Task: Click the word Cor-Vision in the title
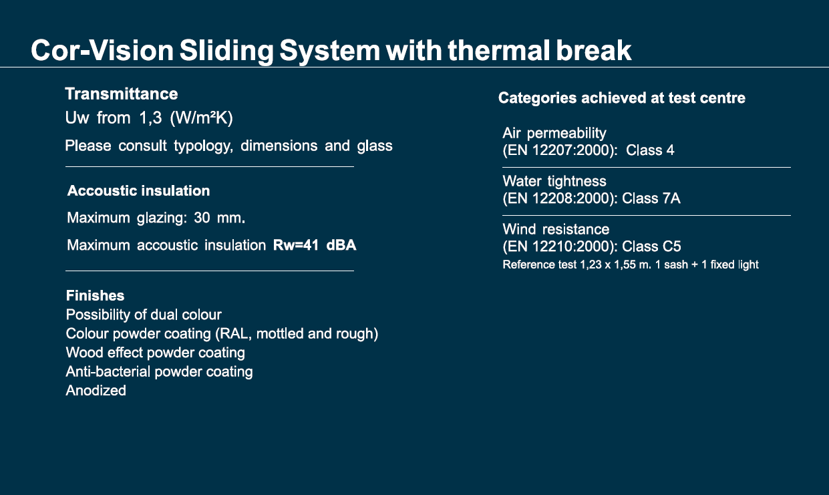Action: pyautogui.click(x=102, y=50)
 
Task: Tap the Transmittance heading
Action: pyautogui.click(x=122, y=94)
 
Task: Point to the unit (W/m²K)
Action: pyautogui.click(x=201, y=118)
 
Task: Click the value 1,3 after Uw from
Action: pyautogui.click(x=150, y=118)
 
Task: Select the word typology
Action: pyautogui.click(x=203, y=146)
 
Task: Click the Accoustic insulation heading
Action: pyautogui.click(x=138, y=191)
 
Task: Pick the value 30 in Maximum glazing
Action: pyautogui.click(x=202, y=218)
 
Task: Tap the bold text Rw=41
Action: pyautogui.click(x=296, y=245)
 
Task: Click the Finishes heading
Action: pyautogui.click(x=95, y=295)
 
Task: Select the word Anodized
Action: pyautogui.click(x=96, y=391)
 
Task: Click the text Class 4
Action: pyautogui.click(x=650, y=150)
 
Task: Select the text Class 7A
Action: pyautogui.click(x=651, y=198)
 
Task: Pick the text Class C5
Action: pyautogui.click(x=651, y=246)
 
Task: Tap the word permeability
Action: pyautogui.click(x=566, y=134)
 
